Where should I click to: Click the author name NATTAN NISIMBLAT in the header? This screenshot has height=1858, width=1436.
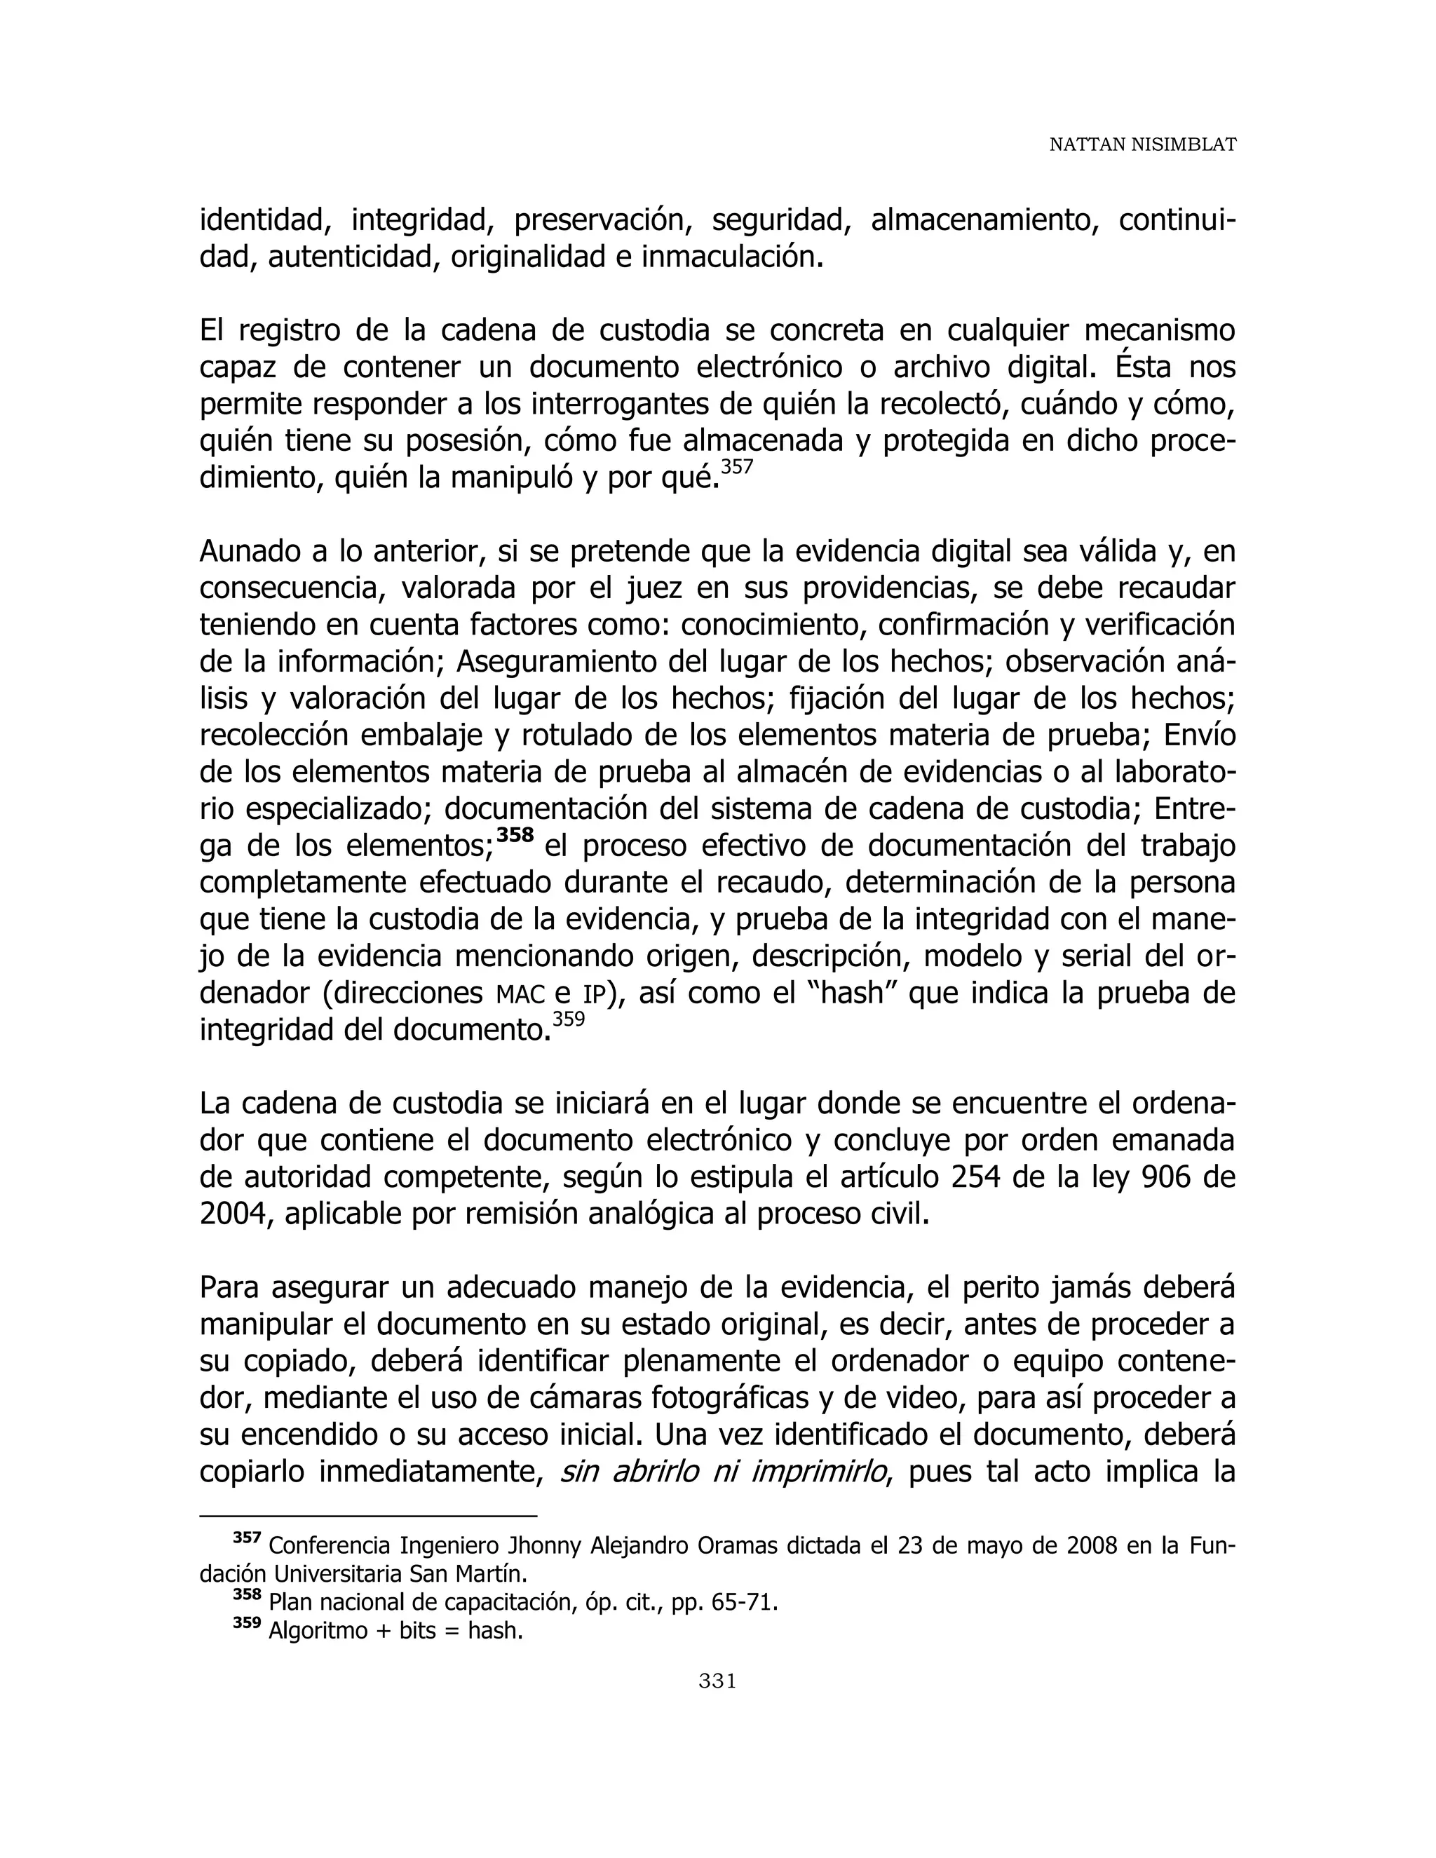tap(1142, 144)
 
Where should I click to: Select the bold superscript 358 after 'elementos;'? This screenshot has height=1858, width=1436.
tap(515, 834)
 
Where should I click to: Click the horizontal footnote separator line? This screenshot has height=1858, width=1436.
tap(368, 1515)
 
